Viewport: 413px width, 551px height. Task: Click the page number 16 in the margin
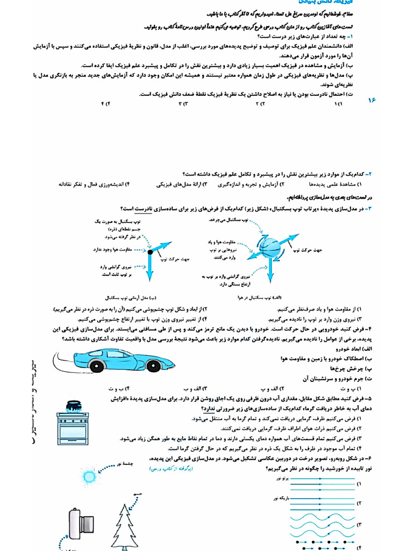(373, 100)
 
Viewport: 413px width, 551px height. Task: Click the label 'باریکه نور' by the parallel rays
(281, 498)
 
